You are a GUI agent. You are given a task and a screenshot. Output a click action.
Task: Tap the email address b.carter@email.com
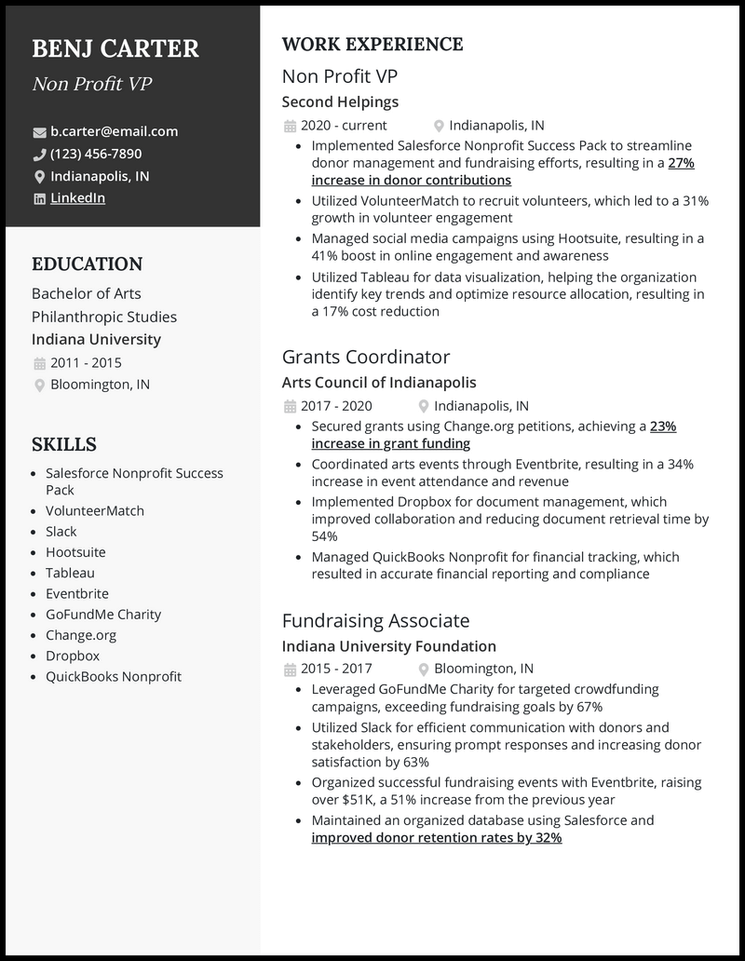pos(114,131)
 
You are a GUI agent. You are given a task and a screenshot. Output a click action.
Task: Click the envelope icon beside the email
pos(39,132)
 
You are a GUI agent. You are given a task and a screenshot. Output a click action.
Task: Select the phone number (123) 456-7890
pos(96,154)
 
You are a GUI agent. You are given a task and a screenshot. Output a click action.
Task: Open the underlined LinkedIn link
pos(77,198)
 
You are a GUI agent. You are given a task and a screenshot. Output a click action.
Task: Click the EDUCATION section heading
pos(87,264)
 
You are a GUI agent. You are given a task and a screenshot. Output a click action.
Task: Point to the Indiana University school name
pos(96,340)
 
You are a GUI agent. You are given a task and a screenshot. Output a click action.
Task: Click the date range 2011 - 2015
pos(86,363)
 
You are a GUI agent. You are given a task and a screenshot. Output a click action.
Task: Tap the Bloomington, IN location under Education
pos(100,385)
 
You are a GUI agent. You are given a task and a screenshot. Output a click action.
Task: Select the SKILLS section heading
pos(63,444)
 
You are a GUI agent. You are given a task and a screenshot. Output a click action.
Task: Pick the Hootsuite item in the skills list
pos(75,552)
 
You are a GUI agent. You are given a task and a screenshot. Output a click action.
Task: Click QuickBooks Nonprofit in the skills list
pos(114,677)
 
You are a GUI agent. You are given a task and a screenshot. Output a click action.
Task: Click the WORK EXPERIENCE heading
pos(372,45)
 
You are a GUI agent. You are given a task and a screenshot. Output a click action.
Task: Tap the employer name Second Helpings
pos(340,102)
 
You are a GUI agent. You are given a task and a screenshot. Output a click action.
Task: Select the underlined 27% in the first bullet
pos(682,163)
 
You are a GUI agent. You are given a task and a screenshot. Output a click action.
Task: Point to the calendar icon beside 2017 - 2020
pos(289,406)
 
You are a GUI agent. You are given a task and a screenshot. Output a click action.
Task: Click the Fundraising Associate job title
pos(375,620)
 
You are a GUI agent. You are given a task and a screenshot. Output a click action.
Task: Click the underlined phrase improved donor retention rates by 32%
pos(436,838)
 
